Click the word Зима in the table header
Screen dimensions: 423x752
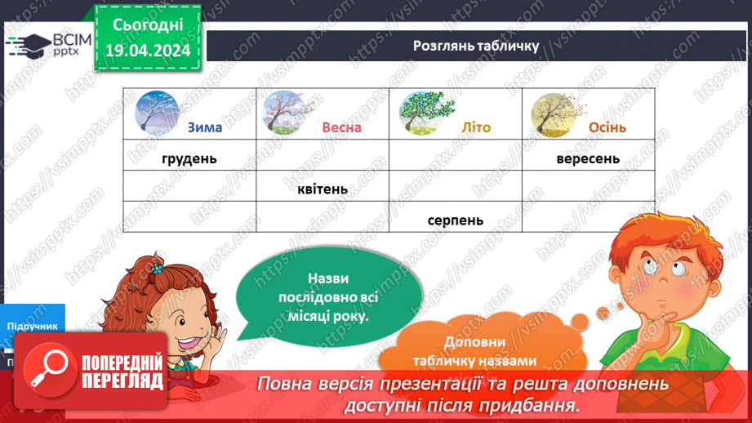[x=204, y=127]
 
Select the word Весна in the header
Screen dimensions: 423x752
[x=341, y=127]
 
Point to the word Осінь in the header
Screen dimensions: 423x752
[x=607, y=127]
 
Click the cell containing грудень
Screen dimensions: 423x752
[x=189, y=158]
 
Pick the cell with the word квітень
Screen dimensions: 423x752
[x=323, y=189]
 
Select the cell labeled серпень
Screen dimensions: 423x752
[x=455, y=220]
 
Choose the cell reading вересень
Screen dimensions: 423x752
[x=588, y=158]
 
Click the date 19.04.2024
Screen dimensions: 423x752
[x=148, y=51]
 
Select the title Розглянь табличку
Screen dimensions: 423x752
[x=476, y=45]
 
